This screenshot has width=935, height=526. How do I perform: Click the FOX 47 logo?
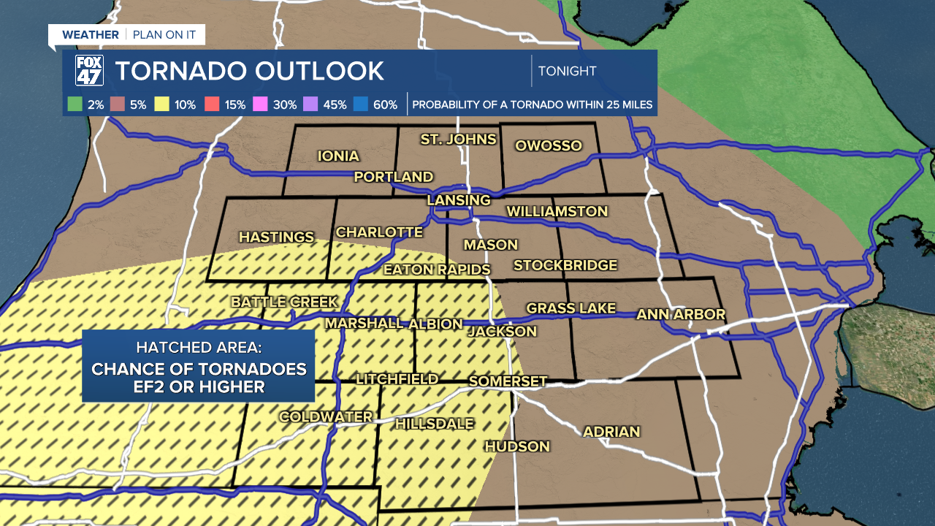pos(89,71)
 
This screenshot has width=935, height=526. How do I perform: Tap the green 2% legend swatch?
pos(75,104)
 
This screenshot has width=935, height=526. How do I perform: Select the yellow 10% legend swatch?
pos(162,104)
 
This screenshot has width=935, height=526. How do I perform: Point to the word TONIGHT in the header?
pos(567,71)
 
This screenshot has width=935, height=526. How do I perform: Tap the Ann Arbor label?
pos(681,314)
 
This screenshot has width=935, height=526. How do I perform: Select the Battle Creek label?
pos(285,302)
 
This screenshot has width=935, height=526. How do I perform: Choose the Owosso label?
pos(549,145)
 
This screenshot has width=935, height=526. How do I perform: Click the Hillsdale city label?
pos(435,423)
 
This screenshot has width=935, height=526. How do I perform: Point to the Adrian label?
pos(611,432)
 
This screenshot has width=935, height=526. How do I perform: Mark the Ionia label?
pos(338,156)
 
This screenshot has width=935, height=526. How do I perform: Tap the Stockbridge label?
pos(565,265)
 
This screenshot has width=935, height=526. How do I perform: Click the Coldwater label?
pos(326,416)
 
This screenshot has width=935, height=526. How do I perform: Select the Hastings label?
pos(276,237)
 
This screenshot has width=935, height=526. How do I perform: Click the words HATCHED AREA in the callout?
pos(199,347)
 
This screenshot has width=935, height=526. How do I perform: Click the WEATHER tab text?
pos(90,34)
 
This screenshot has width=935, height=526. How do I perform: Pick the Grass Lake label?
pos(571,308)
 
